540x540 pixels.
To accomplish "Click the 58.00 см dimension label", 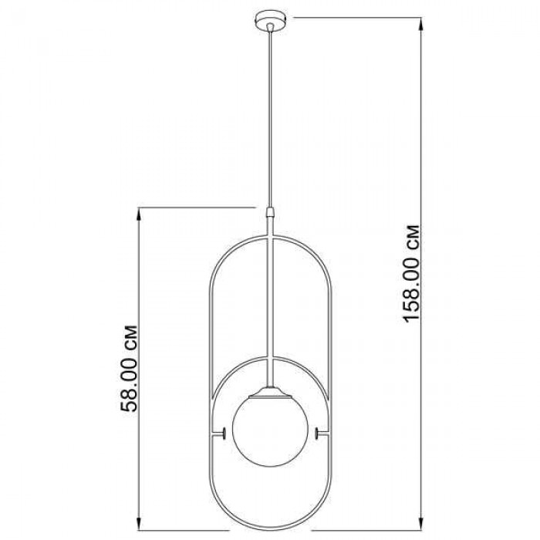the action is click(129, 369).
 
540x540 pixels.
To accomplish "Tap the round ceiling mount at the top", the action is click(271, 21).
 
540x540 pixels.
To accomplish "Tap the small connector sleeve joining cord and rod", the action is click(271, 211).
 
